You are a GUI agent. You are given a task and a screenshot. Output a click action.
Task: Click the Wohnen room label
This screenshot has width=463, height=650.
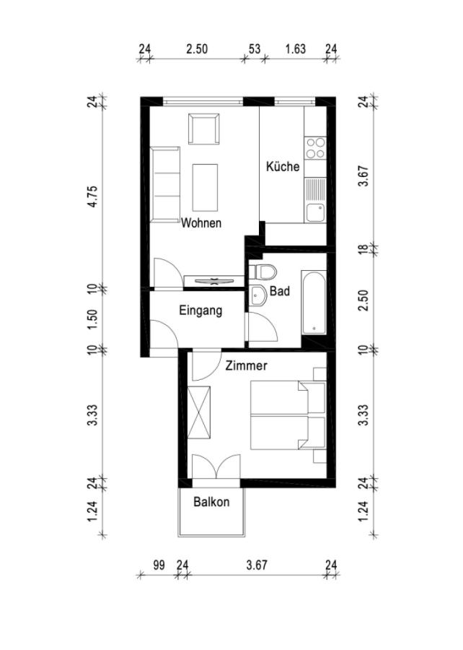pos(201,223)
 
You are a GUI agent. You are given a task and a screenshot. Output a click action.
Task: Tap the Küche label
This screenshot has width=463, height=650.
pos(283,166)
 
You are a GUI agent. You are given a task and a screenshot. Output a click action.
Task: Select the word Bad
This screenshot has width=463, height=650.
pos(280,291)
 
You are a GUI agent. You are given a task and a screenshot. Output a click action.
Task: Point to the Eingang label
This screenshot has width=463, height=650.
pos(200,311)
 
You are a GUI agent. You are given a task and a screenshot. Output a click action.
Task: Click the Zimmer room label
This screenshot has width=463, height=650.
pos(246,365)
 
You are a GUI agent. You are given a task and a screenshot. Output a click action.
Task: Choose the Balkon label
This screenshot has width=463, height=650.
pos(211,502)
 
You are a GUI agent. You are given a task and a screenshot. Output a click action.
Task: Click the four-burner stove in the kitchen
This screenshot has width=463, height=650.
pos(315,148)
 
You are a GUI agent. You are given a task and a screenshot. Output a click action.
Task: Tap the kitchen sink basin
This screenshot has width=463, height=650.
pos(315,212)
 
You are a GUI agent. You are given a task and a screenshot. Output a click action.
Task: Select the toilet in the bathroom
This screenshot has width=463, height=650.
pos(263,272)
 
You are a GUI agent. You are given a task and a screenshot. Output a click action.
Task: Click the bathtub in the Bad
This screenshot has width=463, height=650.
pos(314,302)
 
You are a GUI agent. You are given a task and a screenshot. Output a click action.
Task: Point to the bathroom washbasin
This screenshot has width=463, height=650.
pos(258,295)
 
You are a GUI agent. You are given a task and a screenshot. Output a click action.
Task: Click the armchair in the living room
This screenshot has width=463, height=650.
pos(203,129)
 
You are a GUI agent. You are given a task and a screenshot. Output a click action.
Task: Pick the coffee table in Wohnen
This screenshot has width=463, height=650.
pos(205,187)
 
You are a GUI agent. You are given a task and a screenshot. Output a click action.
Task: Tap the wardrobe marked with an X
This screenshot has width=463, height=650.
pos(198,412)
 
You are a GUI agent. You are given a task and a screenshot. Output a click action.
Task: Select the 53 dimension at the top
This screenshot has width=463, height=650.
pos(255,49)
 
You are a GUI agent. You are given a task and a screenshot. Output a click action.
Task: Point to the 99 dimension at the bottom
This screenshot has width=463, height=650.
pos(159,565)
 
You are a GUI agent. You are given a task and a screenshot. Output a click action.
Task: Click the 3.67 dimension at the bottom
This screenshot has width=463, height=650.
pos(257,565)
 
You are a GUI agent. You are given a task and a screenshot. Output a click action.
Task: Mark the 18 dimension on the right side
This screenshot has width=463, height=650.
pos(363,250)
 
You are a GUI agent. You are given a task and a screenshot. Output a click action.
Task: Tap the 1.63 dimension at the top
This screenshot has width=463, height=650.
pos(296,49)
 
